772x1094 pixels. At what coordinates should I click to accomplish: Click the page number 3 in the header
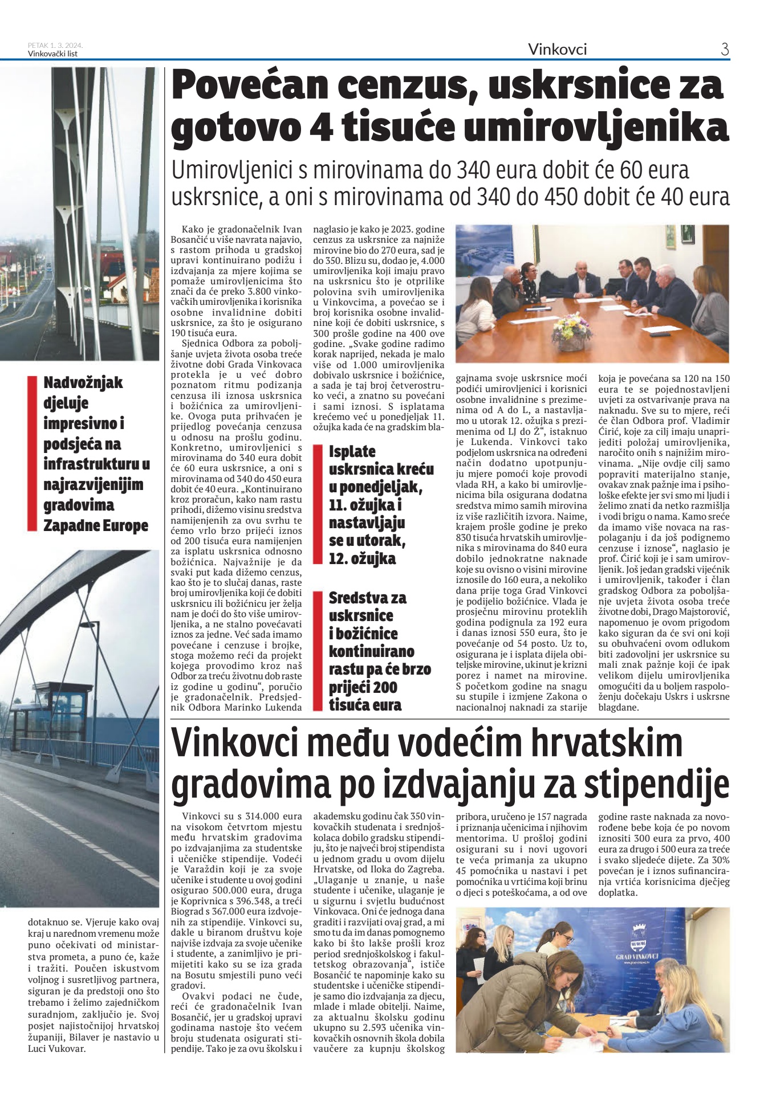tap(725, 50)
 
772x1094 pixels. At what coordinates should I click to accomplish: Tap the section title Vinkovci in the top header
tap(557, 50)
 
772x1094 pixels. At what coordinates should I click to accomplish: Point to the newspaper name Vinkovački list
tap(52, 54)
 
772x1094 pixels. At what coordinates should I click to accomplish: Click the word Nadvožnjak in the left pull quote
tap(83, 382)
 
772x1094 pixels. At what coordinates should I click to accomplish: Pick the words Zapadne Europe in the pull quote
tap(96, 525)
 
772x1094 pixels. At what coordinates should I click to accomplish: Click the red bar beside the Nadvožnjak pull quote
tap(32, 454)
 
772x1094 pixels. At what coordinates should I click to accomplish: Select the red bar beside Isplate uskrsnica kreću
tap(318, 505)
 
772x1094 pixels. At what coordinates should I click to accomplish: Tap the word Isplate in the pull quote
tap(352, 452)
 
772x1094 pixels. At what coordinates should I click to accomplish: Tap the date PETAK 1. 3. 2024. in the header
tap(55, 46)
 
